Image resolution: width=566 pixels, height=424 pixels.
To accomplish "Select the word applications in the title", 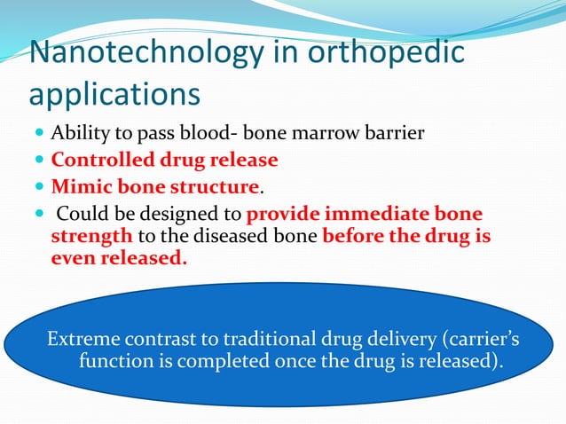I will click(114, 93).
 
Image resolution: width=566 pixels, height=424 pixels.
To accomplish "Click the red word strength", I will click(92, 238).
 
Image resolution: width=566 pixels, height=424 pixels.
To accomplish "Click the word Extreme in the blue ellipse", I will click(81, 339).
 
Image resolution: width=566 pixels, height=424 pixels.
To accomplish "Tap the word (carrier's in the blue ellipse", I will click(477, 339).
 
